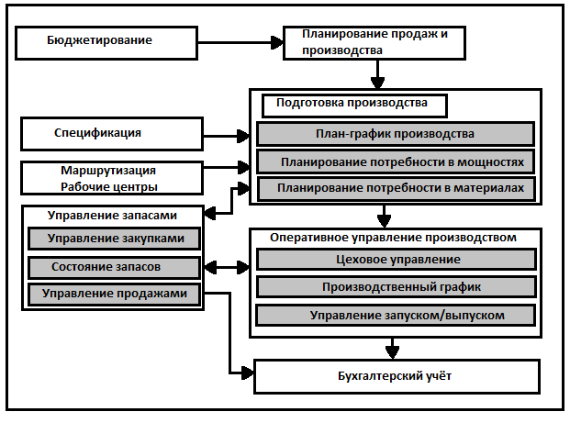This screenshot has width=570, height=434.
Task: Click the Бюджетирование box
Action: (x=106, y=41)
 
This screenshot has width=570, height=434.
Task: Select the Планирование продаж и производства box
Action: (x=374, y=42)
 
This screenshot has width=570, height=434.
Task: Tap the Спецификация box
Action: (x=110, y=133)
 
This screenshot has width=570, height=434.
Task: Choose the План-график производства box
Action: (x=396, y=134)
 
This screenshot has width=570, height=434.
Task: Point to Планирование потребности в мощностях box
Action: (x=396, y=162)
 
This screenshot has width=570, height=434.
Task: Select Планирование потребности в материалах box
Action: (x=396, y=189)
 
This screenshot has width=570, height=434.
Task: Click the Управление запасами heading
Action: (x=111, y=216)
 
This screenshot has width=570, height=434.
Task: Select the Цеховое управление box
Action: (x=396, y=260)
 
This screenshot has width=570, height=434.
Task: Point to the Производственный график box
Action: (x=396, y=287)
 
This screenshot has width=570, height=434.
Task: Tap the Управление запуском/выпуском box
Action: (x=396, y=316)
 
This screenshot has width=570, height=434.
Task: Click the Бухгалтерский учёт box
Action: (x=396, y=375)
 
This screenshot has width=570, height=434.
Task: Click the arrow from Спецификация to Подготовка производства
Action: (x=225, y=136)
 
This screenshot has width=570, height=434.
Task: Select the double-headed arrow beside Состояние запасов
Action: (x=226, y=268)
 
